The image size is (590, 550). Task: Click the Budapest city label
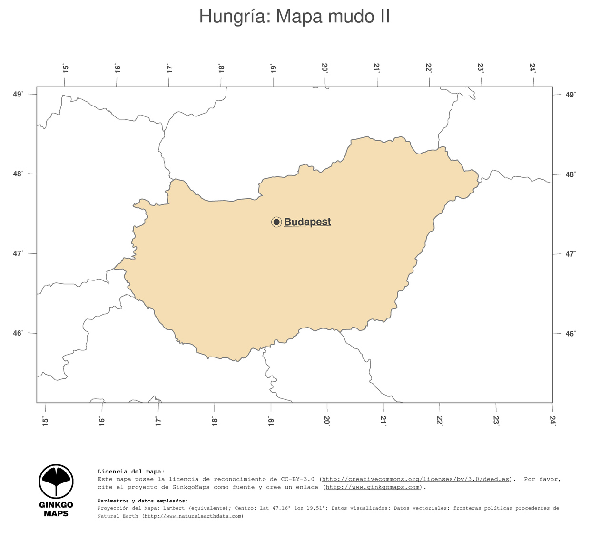(307, 222)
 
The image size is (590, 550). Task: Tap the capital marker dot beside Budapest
(276, 222)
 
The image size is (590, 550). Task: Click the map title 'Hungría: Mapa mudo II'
(295, 17)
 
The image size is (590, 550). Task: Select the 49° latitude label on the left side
(18, 94)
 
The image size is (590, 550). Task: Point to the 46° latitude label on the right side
(570, 334)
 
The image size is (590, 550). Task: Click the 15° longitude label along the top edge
(66, 68)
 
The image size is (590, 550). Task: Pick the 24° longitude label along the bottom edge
(553, 421)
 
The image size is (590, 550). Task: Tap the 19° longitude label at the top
(273, 68)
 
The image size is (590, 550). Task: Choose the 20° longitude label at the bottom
(327, 421)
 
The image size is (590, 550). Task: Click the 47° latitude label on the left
(18, 253)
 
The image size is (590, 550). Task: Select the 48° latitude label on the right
(570, 174)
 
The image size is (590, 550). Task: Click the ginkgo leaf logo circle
(56, 482)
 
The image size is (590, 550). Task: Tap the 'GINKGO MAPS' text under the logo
(56, 509)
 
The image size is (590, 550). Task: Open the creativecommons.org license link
(415, 479)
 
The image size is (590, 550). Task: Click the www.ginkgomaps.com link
(373, 487)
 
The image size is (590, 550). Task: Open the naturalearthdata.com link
(193, 516)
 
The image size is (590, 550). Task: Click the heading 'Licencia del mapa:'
(131, 472)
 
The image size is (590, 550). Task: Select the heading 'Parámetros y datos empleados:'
(142, 501)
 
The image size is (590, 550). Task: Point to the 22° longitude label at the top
(429, 68)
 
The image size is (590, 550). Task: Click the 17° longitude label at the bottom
(158, 421)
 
